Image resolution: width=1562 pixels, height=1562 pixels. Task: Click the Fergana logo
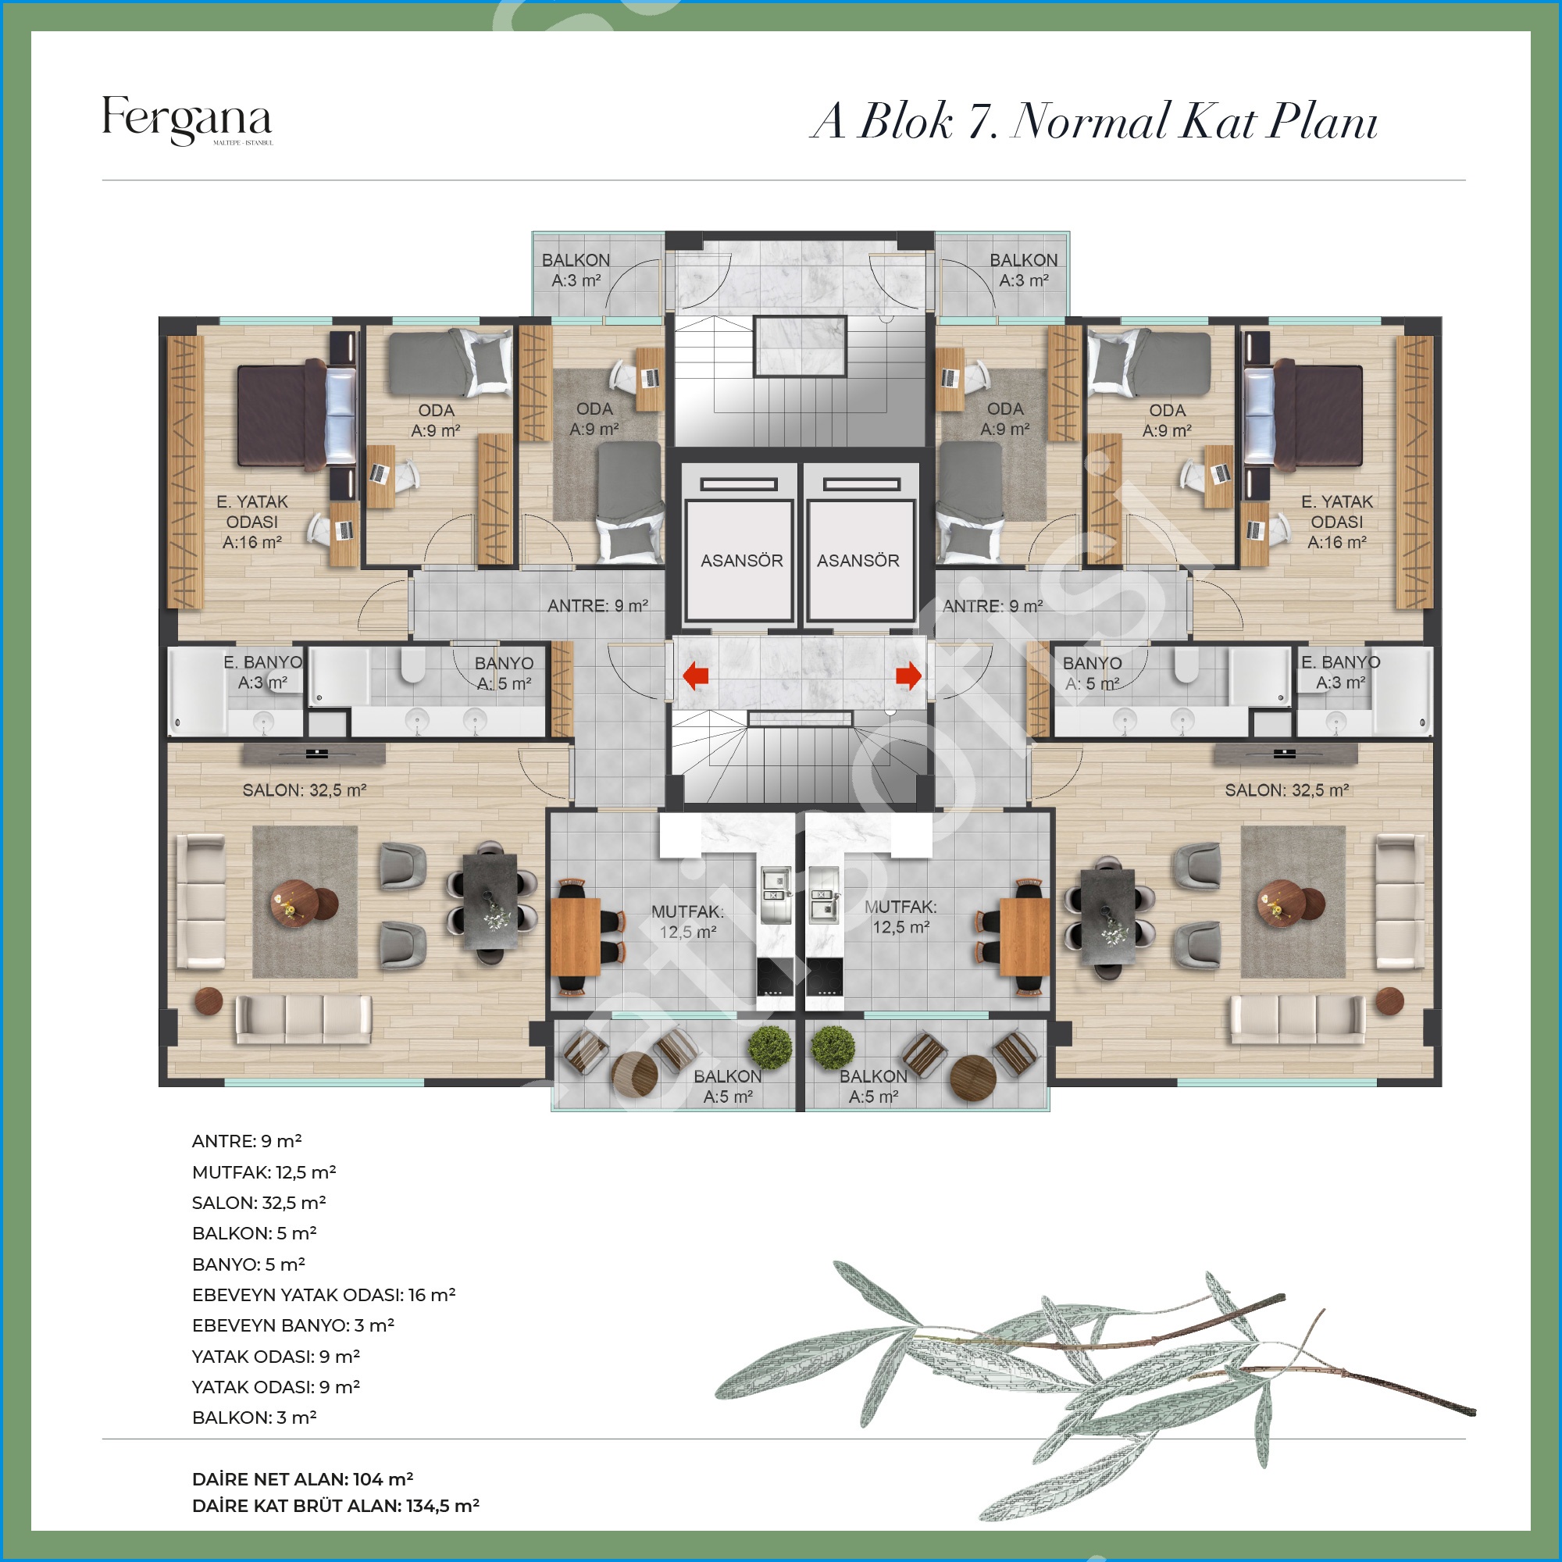pos(187,120)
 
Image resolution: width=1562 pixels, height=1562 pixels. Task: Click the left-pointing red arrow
pos(695,675)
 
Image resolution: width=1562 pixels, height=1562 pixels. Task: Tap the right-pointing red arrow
pos(909,675)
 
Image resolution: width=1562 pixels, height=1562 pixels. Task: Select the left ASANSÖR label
pos(741,560)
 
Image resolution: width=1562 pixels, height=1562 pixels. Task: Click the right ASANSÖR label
pos(858,560)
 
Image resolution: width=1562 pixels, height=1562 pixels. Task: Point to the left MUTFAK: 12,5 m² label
pos(687,922)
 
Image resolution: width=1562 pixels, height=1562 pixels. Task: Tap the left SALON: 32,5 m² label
pos(305,790)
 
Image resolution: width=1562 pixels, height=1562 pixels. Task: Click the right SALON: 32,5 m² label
pos(1286,790)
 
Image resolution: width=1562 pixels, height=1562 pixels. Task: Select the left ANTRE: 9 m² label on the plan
pos(597,605)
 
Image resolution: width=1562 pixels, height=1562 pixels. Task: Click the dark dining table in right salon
pos(1107,916)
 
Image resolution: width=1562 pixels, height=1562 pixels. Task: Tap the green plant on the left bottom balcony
pos(770,1047)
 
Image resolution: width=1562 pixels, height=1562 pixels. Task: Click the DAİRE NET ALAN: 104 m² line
pos(302,1478)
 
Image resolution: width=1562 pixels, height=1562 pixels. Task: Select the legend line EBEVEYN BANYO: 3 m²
pos(293,1325)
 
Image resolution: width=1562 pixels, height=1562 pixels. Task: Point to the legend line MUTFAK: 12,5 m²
pos(263,1171)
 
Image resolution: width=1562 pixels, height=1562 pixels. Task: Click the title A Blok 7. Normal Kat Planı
pos(1094,121)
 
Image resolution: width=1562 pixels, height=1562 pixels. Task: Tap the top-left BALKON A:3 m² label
pos(576,270)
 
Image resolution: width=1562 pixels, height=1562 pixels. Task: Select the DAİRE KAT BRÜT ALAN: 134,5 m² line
pos(336,1506)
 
